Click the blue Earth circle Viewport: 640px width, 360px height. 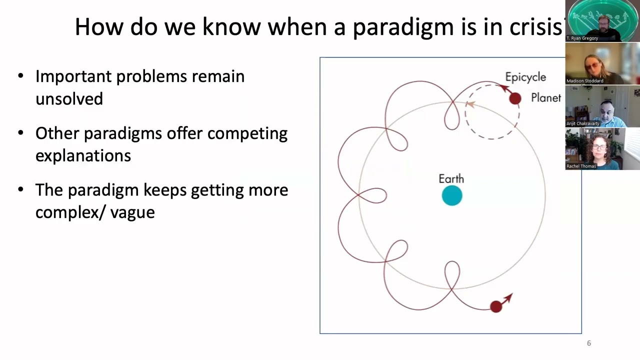click(x=452, y=195)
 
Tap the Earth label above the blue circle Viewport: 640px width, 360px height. click(x=451, y=179)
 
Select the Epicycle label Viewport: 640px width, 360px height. click(x=525, y=77)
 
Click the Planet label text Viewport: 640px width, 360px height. click(x=546, y=97)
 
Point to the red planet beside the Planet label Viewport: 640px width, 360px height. click(x=515, y=98)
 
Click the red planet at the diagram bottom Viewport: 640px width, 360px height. click(x=496, y=306)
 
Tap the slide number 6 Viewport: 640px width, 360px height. click(x=589, y=343)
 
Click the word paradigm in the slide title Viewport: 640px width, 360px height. click(x=403, y=27)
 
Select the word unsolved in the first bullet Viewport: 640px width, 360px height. click(x=69, y=99)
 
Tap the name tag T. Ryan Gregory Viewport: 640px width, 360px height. click(x=582, y=38)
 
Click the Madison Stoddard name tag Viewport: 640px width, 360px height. click(x=585, y=81)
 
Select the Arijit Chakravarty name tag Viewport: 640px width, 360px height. click(x=583, y=123)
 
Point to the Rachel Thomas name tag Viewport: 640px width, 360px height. click(x=581, y=166)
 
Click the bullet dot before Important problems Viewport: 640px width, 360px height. click(x=20, y=75)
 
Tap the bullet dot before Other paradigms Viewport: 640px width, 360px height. click(x=20, y=132)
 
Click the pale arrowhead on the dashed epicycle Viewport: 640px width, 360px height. click(x=470, y=104)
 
